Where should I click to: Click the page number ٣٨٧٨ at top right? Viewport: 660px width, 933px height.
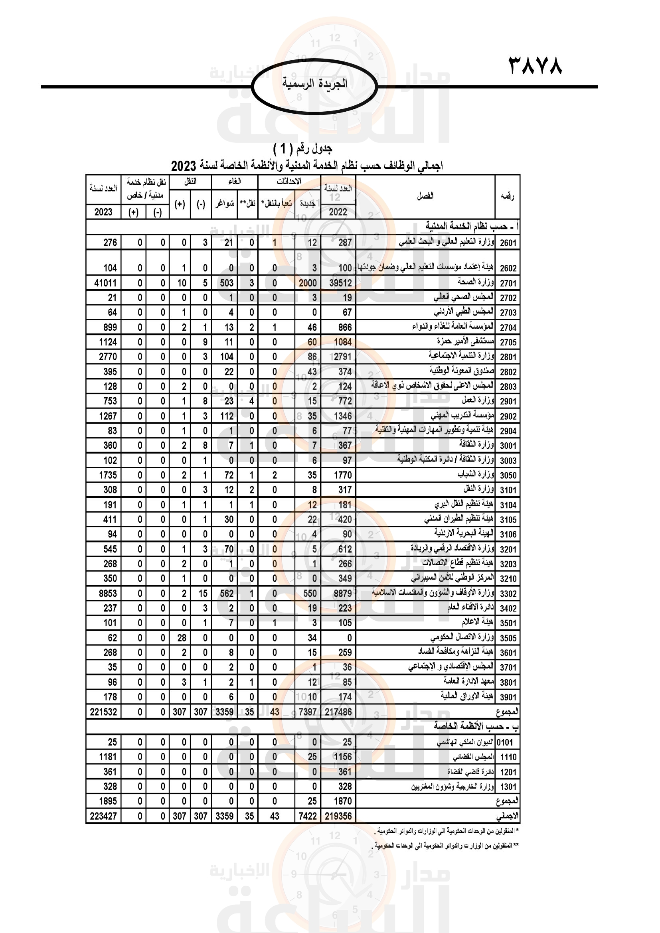point(535,65)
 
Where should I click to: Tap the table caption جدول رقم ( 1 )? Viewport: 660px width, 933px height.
point(303,149)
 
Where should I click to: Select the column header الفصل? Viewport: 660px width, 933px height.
point(425,196)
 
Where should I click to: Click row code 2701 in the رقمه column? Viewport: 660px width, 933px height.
point(508,283)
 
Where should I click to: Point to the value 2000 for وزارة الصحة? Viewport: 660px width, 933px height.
point(308,283)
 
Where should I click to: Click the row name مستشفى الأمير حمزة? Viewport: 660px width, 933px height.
point(466,341)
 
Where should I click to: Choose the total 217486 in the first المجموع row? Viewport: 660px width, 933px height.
point(338,712)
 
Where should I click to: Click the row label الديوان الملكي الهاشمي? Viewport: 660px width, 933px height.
point(465,742)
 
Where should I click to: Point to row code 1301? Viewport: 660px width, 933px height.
point(508,787)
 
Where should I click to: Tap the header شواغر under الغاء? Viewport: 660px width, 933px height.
point(225,203)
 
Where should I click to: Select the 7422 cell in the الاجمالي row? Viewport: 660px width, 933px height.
point(308,817)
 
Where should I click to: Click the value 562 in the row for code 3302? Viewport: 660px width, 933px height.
point(227,594)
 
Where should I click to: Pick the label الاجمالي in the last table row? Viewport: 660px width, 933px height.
point(507,817)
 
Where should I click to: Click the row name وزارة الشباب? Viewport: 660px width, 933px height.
point(476,475)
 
